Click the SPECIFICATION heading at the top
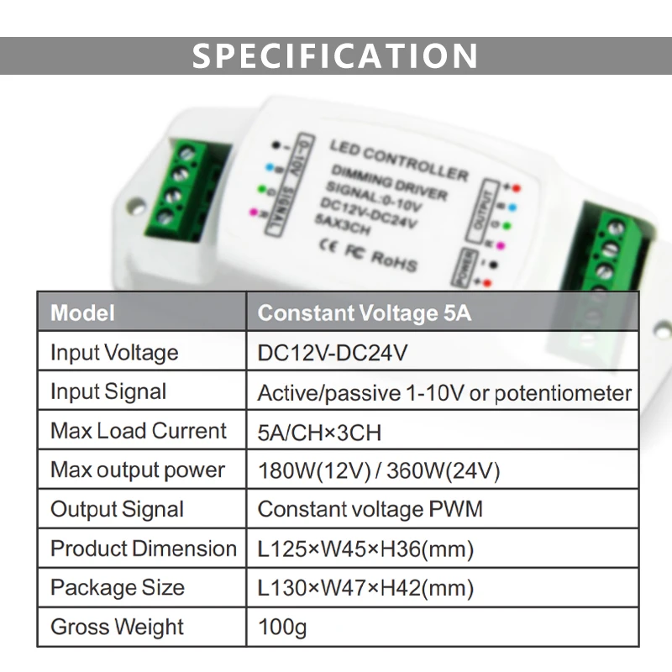pos(335,55)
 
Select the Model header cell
pos(82,313)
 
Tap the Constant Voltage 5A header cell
pos(365,313)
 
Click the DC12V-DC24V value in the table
pos(333,353)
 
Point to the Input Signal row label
pos(108,391)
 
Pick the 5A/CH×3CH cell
pos(319,433)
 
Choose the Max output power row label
pos(138,470)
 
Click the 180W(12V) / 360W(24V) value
pos(379,471)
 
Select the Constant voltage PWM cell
pos(370,510)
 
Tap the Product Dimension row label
pos(144,549)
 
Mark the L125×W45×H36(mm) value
pos(365,550)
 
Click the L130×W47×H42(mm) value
pos(365,589)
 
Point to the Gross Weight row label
pos(117,627)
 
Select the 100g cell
pos(282,627)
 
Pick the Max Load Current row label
pos(139,431)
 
